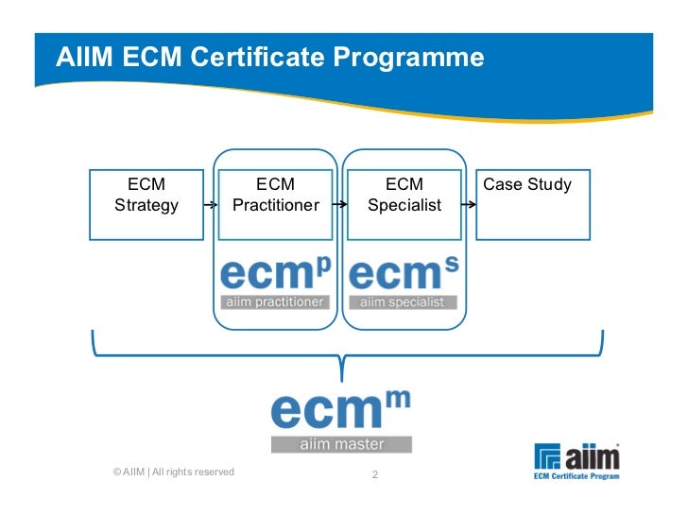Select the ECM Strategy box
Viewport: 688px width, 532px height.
pos(146,204)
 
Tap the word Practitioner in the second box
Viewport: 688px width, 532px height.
pos(275,205)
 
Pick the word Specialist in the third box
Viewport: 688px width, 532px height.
pos(404,205)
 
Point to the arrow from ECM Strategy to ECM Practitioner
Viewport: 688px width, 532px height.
pos(211,205)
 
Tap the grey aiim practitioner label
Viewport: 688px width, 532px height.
pos(274,302)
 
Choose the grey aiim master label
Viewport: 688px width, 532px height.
pos(340,443)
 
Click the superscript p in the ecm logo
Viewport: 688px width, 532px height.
pos(323,267)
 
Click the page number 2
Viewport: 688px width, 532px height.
pos(374,474)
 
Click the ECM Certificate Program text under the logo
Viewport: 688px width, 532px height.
pos(576,476)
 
